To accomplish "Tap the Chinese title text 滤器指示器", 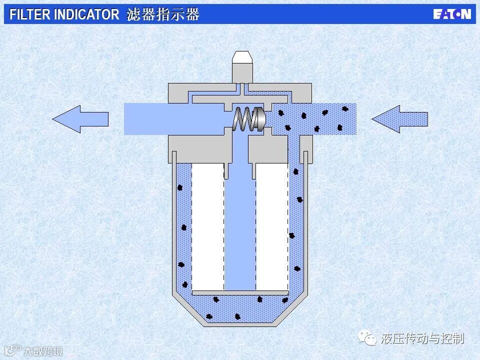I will (163, 14).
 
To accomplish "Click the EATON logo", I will (451, 14).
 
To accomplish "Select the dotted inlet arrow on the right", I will (400, 119).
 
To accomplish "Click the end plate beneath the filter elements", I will (240, 292).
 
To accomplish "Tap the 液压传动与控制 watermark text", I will (422, 338).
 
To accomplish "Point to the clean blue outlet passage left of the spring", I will (175, 119).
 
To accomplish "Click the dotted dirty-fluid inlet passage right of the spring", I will (315, 119).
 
